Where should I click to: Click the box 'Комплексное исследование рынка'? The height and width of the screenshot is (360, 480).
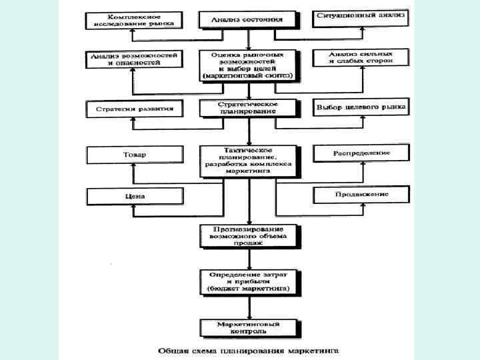coord(132,19)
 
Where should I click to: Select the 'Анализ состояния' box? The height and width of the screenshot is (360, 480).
coord(247,19)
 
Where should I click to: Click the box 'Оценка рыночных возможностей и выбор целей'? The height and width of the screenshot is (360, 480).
coord(247,65)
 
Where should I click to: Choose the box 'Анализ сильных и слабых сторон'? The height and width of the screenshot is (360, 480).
coord(361,58)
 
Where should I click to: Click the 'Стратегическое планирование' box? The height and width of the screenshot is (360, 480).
coord(247,109)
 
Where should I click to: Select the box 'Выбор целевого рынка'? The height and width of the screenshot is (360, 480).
coord(361,107)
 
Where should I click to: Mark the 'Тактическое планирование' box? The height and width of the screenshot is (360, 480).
coord(247,161)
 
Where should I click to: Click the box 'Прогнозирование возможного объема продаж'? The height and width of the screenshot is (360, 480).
coord(247,235)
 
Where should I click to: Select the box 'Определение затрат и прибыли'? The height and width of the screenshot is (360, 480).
coord(247,283)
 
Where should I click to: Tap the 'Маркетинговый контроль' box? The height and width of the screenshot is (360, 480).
coord(247,327)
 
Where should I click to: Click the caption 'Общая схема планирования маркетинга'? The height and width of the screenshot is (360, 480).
coord(249,349)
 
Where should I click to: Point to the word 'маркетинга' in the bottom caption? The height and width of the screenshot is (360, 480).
coord(314,349)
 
